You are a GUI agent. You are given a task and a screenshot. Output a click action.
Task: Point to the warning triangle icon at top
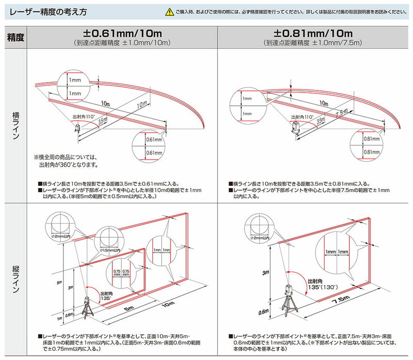tap(169, 11)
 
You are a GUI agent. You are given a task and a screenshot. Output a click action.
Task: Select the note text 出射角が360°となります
tap(68, 165)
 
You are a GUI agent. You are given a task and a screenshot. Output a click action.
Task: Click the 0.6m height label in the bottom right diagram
tap(264, 312)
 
